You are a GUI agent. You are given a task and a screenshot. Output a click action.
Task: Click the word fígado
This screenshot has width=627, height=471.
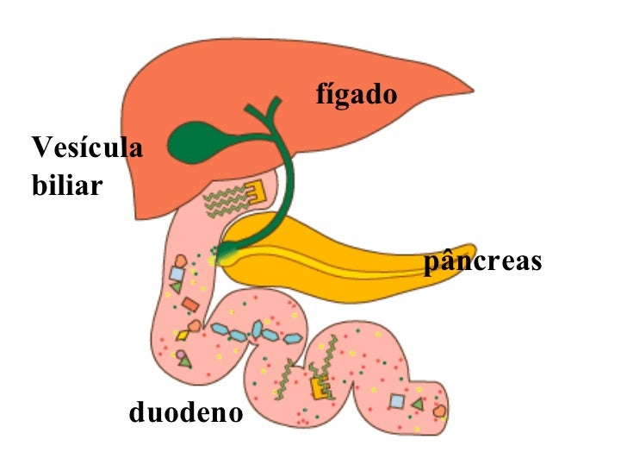coord(357,95)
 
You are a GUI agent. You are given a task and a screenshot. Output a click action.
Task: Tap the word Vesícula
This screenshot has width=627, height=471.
coord(87,147)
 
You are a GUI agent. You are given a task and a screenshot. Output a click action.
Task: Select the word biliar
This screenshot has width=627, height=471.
coord(67,185)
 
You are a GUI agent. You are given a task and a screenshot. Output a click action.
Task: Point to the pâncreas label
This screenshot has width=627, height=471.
coord(482,261)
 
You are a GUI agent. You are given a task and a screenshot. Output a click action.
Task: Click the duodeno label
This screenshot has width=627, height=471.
coord(186,411)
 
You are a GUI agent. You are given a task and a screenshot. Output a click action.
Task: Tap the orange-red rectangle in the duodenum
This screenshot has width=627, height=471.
coord(190,305)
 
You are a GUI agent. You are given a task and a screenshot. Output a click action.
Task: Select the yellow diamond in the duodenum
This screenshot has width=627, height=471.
coord(183,335)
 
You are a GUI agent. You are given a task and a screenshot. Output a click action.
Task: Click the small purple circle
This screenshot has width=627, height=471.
coord(181,355)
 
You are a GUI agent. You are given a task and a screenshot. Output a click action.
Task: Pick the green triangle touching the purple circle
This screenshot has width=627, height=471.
coord(185,361)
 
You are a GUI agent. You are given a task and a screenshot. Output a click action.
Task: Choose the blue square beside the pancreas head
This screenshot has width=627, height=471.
coord(177,274)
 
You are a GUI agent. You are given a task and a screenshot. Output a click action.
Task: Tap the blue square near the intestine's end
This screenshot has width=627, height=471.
coord(397,401)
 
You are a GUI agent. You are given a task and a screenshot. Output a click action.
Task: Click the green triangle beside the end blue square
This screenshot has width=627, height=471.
coord(418,404)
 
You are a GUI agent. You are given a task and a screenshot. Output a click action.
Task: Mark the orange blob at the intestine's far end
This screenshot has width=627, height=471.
coord(439,411)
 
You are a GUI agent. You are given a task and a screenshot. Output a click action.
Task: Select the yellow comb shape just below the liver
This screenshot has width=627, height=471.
coord(256,192)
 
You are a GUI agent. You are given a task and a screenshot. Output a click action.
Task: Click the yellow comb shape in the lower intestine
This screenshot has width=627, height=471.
coord(320,387)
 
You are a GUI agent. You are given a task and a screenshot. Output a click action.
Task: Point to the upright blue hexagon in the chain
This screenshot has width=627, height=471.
coord(258,330)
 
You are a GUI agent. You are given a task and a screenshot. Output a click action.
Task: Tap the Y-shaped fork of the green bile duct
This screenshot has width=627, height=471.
coord(268,114)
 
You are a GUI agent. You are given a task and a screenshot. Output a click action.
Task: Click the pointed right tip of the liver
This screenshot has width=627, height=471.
coord(474,91)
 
